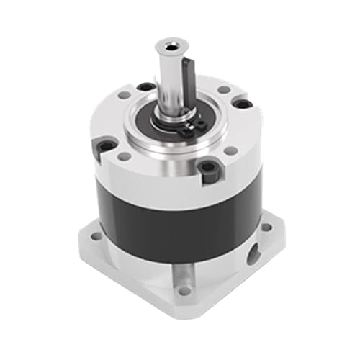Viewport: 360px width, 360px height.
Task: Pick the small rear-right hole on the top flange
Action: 222,90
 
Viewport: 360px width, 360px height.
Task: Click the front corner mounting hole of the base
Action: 184,291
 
